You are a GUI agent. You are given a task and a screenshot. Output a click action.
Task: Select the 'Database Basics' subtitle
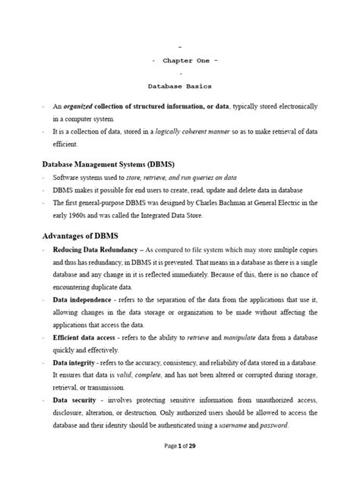pyautogui.click(x=180, y=88)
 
